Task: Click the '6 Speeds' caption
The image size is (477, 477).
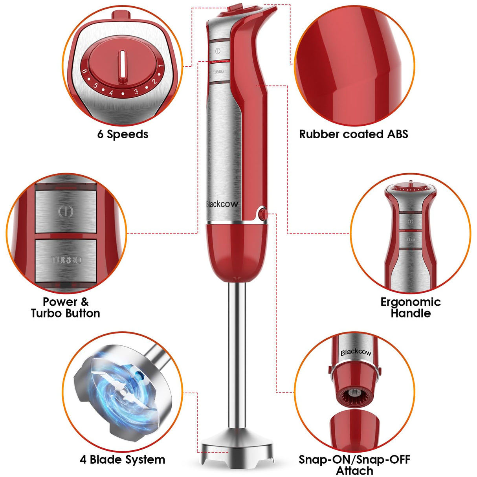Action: pyautogui.click(x=123, y=134)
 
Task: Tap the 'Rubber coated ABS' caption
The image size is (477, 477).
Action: pyautogui.click(x=354, y=134)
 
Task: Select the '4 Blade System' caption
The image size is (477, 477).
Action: pyautogui.click(x=123, y=459)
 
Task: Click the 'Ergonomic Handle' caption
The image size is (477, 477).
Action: pyautogui.click(x=411, y=308)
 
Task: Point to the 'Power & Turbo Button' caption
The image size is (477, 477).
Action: pyautogui.click(x=66, y=308)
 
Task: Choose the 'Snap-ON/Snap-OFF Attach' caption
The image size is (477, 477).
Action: pyautogui.click(x=354, y=465)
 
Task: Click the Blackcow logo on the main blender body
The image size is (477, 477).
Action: pyautogui.click(x=222, y=204)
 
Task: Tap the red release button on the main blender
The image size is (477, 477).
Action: pyautogui.click(x=263, y=214)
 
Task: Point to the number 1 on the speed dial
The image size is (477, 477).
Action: pyautogui.click(x=160, y=67)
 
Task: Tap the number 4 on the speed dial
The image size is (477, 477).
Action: pyautogui.click(x=111, y=93)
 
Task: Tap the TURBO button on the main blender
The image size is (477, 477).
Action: pyautogui.click(x=218, y=72)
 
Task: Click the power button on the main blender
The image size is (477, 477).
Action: pyautogui.click(x=218, y=51)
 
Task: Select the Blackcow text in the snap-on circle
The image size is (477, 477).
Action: pyautogui.click(x=356, y=352)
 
